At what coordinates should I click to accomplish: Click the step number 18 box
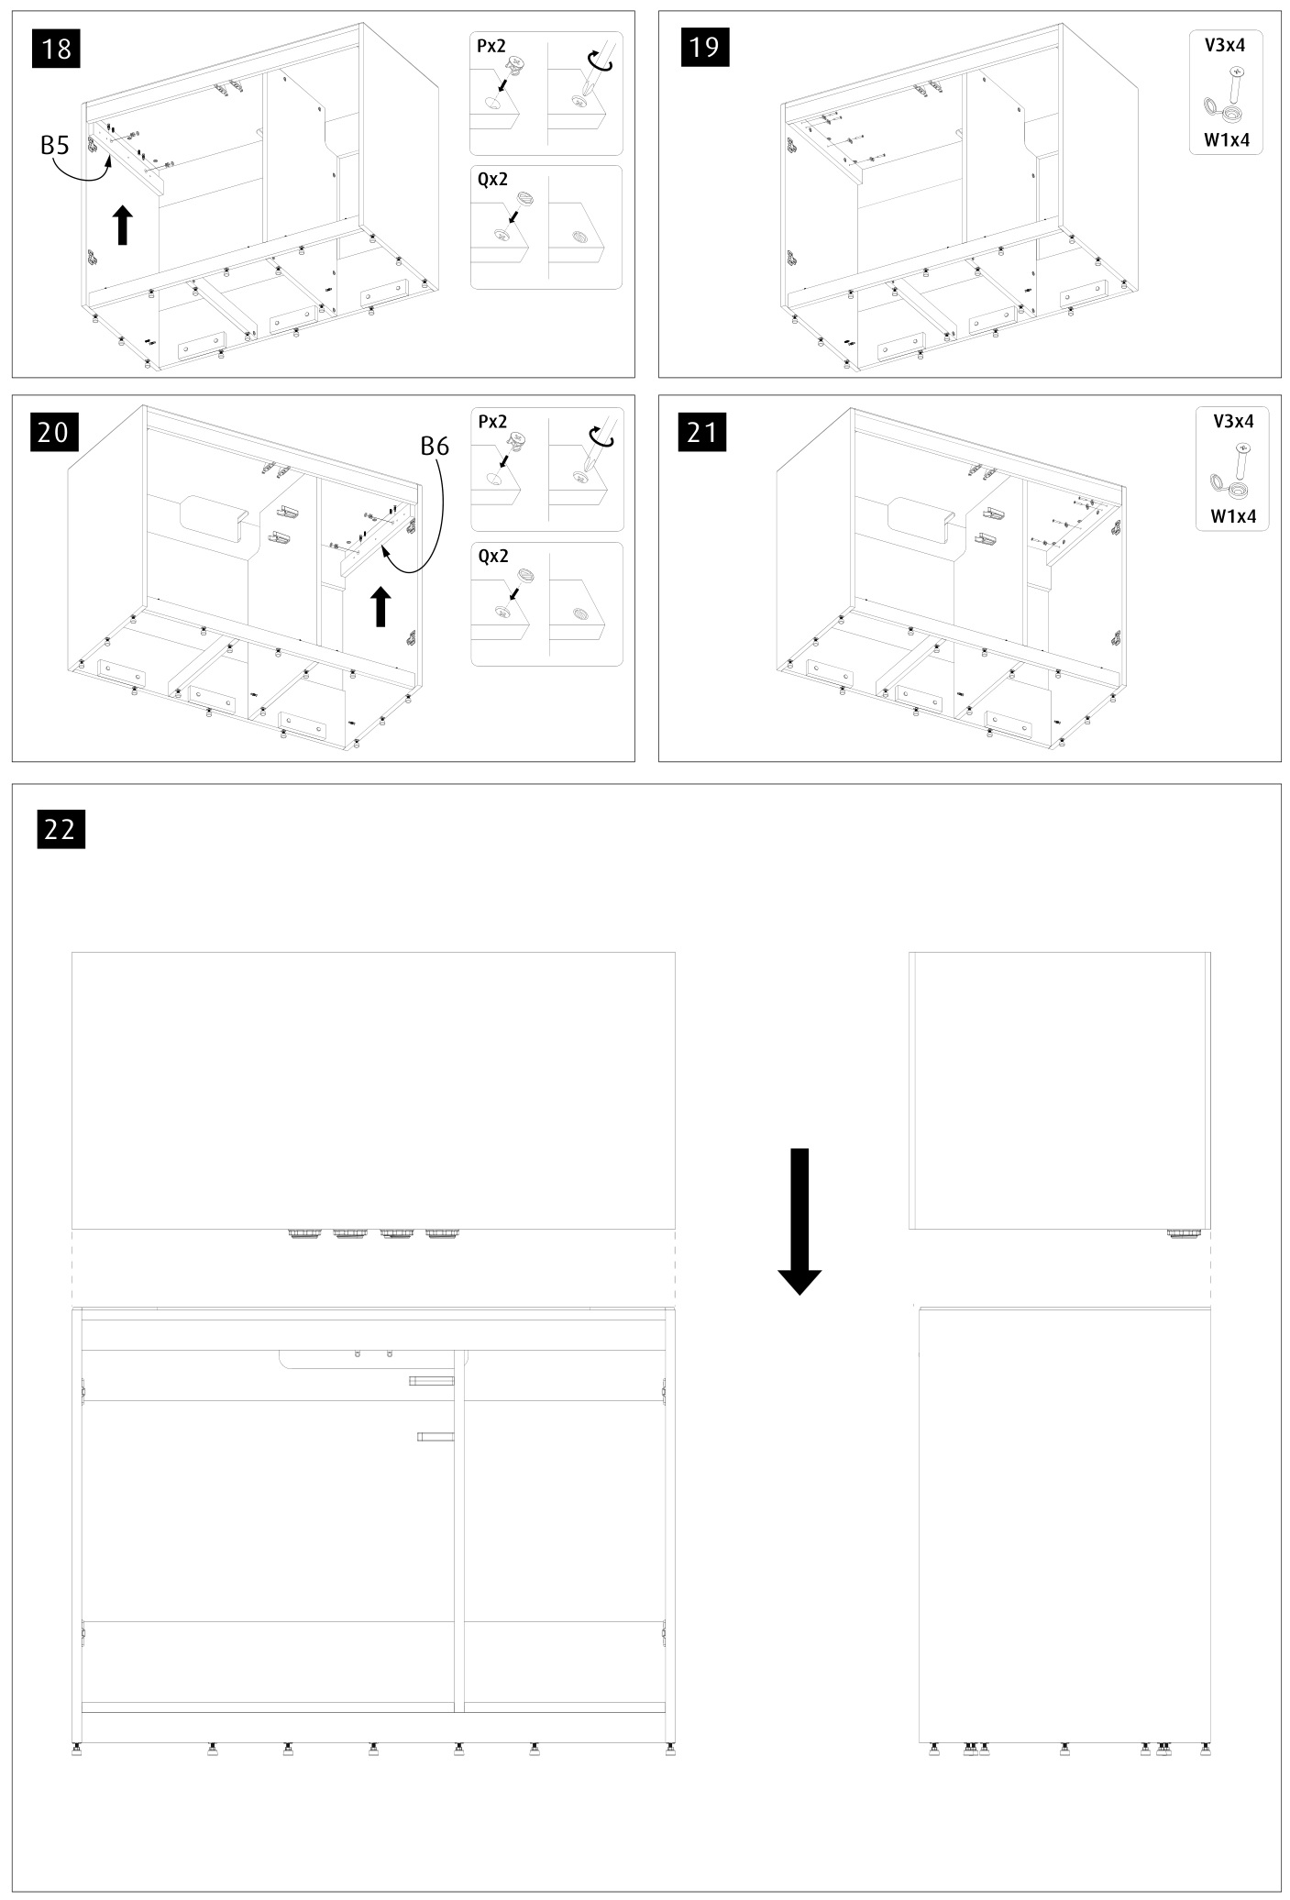point(57,48)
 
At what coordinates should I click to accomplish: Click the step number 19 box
point(704,46)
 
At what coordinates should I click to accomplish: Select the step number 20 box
point(55,431)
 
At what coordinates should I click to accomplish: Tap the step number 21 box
point(702,431)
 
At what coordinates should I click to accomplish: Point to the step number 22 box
point(61,829)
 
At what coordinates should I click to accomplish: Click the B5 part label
point(55,145)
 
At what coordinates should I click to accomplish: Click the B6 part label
point(435,447)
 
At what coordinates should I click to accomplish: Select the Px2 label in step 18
point(491,46)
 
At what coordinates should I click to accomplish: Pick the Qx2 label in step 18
point(492,180)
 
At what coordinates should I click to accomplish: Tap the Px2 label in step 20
point(492,422)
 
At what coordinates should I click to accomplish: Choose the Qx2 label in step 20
point(493,556)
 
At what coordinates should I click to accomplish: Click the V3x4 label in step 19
point(1225,43)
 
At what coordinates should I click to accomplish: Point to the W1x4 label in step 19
point(1227,140)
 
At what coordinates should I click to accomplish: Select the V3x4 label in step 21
point(1233,421)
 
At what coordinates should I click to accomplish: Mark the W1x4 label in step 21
point(1233,516)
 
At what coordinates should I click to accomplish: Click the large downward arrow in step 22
point(799,1221)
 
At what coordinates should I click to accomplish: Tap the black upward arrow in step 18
point(122,226)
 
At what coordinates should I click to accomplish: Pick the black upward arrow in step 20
point(380,607)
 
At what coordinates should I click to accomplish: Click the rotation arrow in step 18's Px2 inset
point(600,61)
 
